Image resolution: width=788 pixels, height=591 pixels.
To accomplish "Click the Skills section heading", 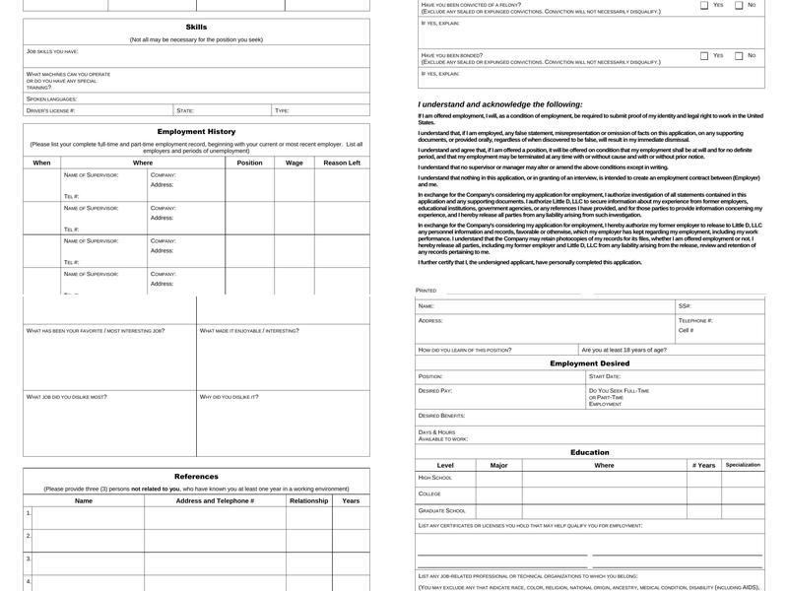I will pos(196,27).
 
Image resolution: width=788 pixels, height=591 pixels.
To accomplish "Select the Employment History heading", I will pos(196,132).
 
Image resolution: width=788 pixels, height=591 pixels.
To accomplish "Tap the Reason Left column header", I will pos(342,163).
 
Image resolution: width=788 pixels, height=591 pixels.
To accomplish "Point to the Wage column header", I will pos(295,163).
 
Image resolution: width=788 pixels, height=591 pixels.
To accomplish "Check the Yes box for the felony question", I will pos(704,5).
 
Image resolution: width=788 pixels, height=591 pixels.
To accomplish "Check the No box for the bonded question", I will pos(739,56).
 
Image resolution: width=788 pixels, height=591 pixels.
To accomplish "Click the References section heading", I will pos(196,477).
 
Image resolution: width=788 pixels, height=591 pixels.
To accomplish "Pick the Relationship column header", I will pos(309,500).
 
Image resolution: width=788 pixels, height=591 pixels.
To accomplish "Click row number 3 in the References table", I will pos(29,558).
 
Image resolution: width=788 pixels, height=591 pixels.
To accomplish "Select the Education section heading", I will pos(589,453).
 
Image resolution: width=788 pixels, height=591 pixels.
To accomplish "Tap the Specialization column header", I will pos(743,465).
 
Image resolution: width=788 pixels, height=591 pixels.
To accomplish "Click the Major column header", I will pos(498,465).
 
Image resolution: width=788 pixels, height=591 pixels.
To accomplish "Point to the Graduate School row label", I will pos(442,510).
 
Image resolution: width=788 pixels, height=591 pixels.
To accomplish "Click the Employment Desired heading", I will pos(589,363).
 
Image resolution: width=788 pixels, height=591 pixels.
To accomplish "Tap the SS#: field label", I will pos(685,306).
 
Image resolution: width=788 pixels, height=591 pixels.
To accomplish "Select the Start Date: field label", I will pos(605,376).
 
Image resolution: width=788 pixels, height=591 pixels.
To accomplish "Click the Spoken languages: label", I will pos(51,98).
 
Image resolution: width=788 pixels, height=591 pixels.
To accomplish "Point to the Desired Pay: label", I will pos(435,391).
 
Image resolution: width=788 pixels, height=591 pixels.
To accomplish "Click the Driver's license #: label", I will pos(50,111).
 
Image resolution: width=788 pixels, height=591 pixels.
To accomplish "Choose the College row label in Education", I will pos(429,493).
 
